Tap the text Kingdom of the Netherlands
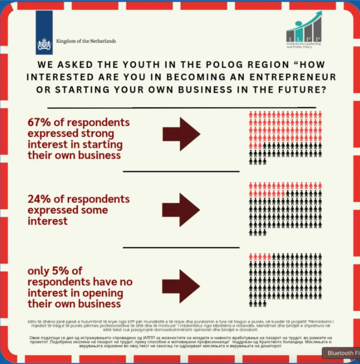point(86,41)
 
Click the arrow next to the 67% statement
point(181,134)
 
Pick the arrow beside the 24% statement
point(181,210)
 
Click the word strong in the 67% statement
point(97,134)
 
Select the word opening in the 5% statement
point(100,293)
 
